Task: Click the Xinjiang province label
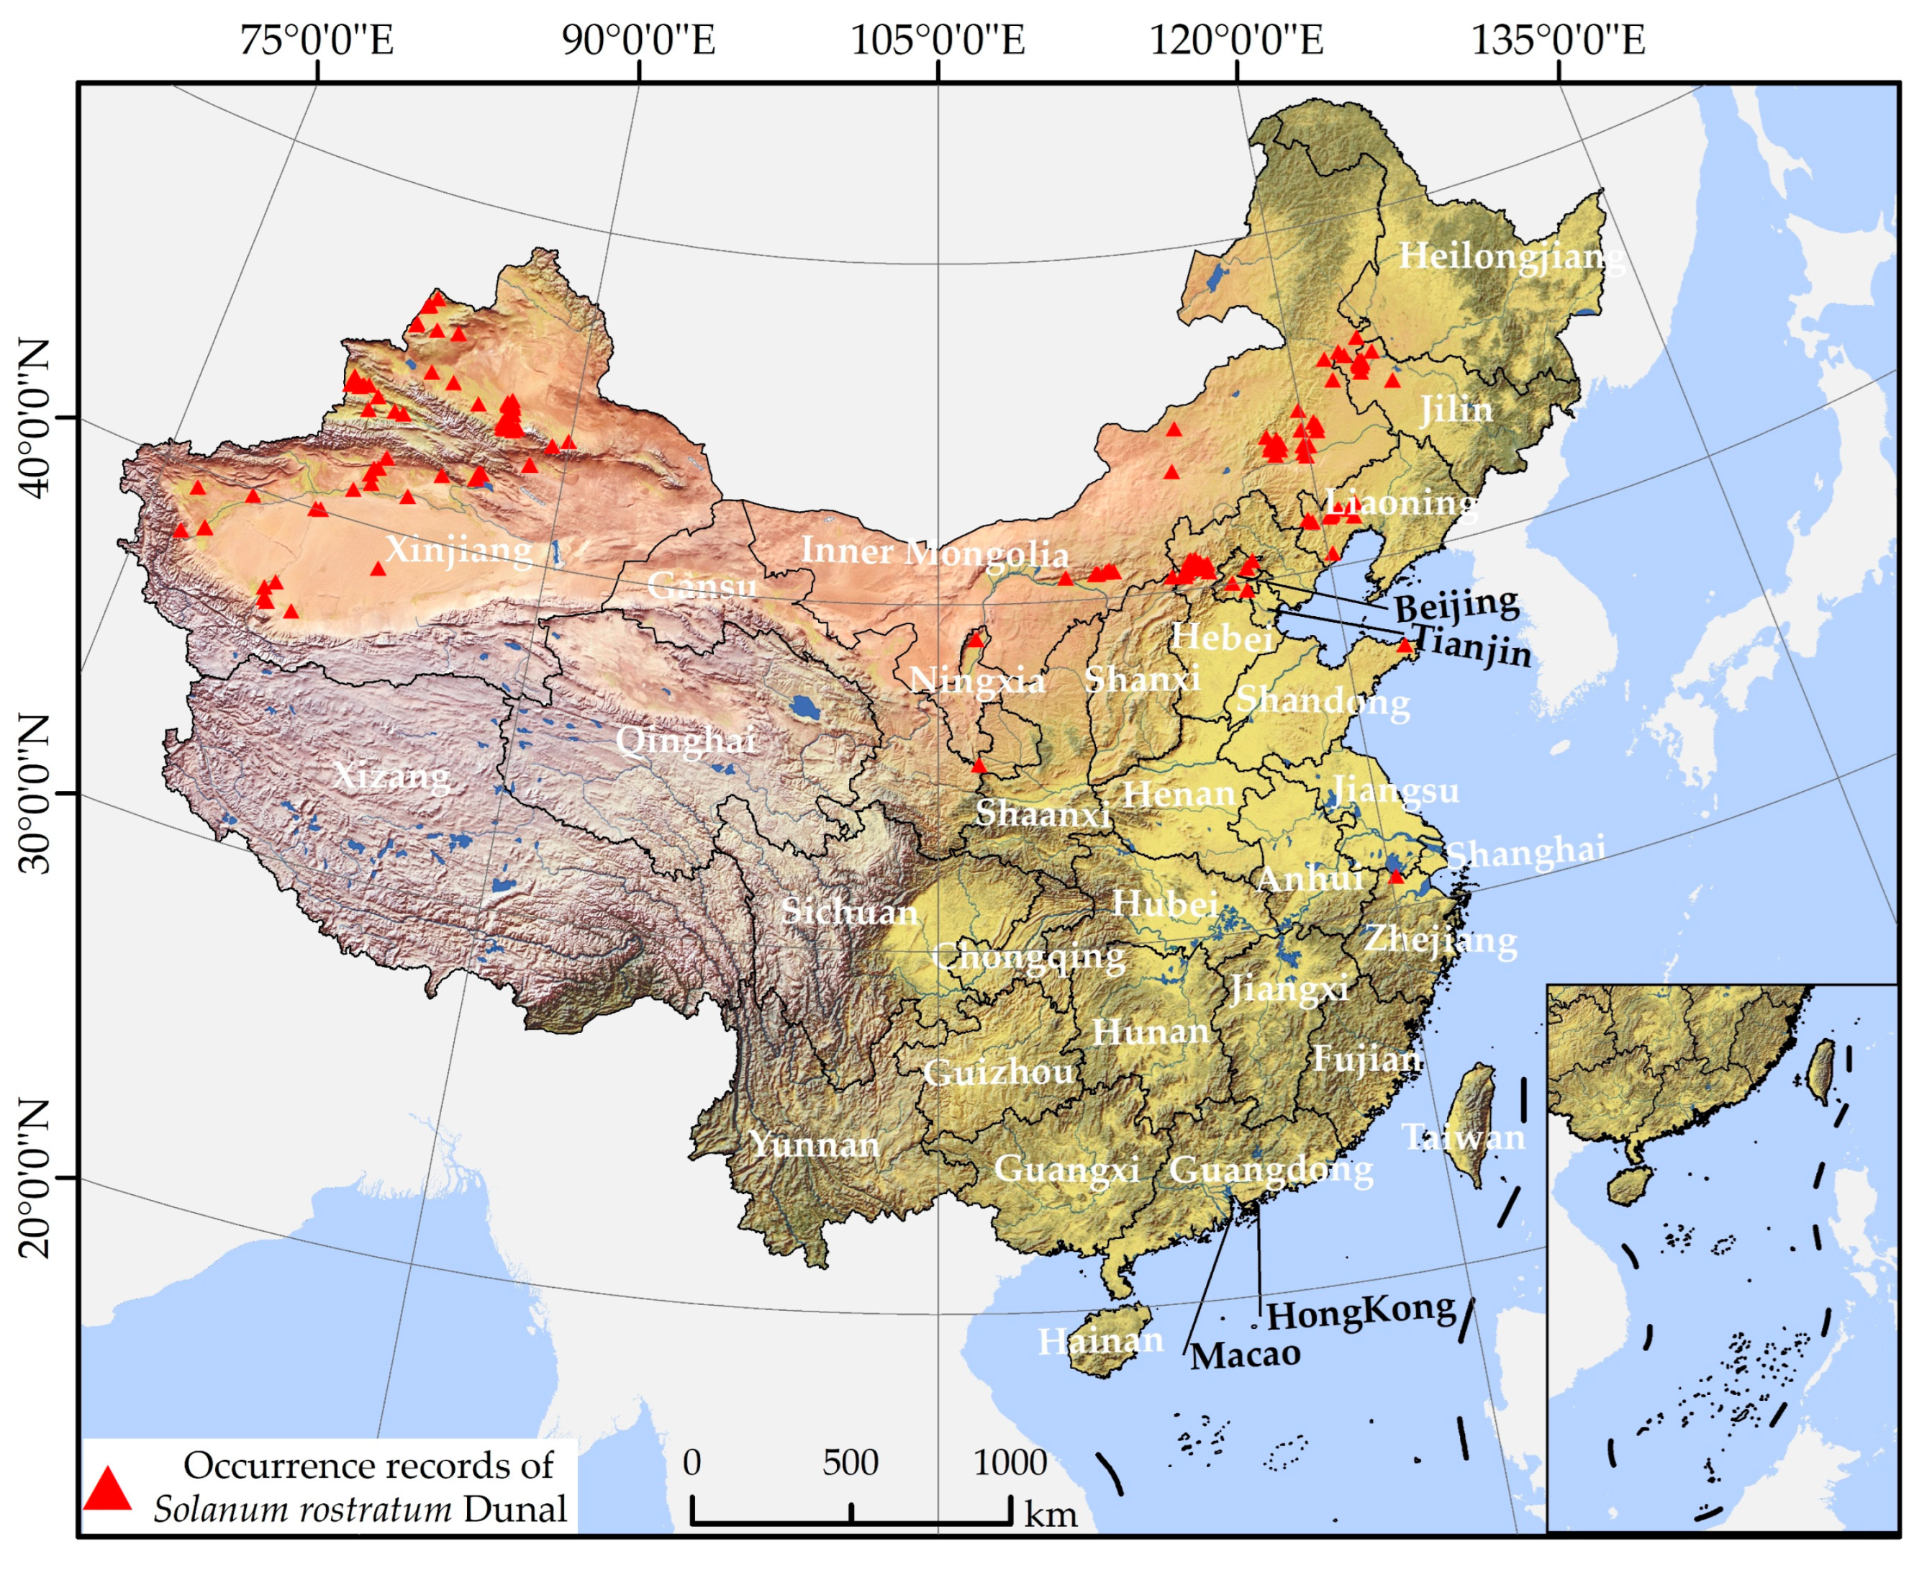(458, 550)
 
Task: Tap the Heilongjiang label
(1510, 256)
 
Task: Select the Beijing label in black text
(1456, 603)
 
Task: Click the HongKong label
(1360, 1312)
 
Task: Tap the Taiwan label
(1463, 1137)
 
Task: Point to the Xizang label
(391, 776)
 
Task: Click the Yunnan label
(813, 1145)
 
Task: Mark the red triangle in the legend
(108, 1488)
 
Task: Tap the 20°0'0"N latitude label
(36, 1178)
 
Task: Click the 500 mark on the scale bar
(850, 1462)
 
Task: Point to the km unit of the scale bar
(1050, 1513)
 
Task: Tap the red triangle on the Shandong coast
(1404, 646)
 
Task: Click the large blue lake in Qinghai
(802, 707)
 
